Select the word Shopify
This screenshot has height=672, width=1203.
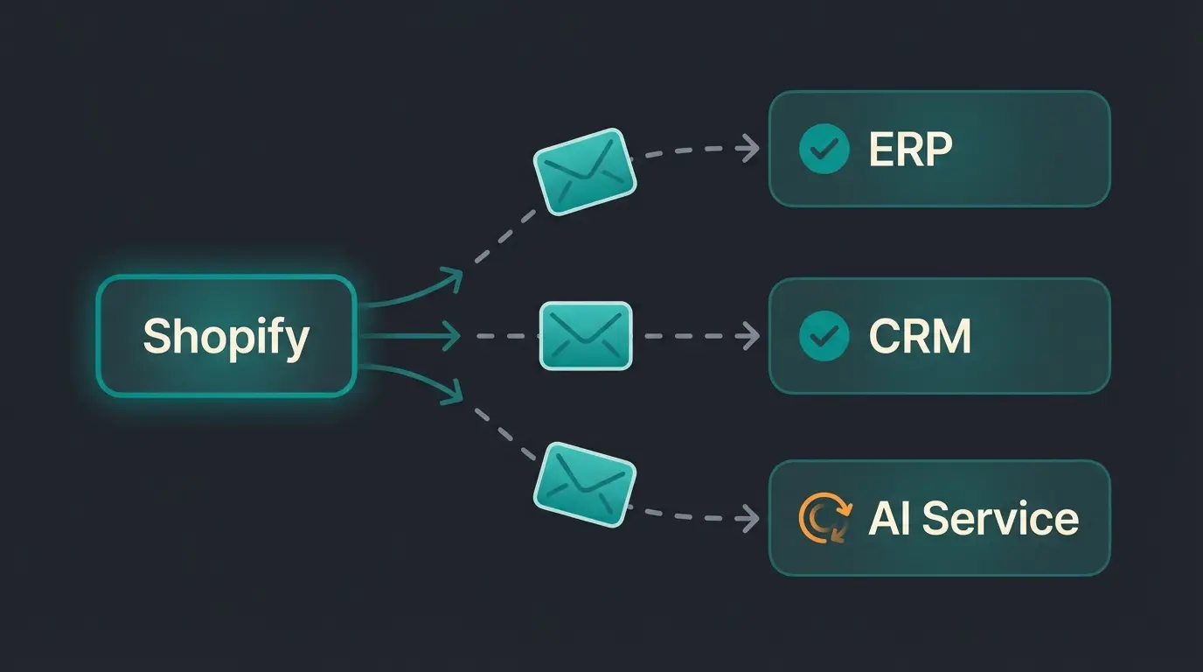tap(226, 337)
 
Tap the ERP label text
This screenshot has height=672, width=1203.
tap(910, 150)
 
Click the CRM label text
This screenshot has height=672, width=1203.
tap(920, 336)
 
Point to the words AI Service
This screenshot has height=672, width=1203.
tap(973, 518)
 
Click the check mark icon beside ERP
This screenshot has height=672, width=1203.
tap(824, 149)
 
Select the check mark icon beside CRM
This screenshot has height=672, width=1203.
tap(824, 336)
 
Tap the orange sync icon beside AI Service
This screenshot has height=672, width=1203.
tap(824, 518)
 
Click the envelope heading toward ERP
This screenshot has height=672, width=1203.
tap(585, 171)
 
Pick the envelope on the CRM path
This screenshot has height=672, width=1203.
tap(586, 336)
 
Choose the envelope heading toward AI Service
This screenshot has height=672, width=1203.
tap(585, 485)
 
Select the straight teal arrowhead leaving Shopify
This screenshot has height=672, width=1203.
tap(452, 335)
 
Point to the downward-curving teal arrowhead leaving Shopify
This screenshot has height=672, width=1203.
tap(452, 393)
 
